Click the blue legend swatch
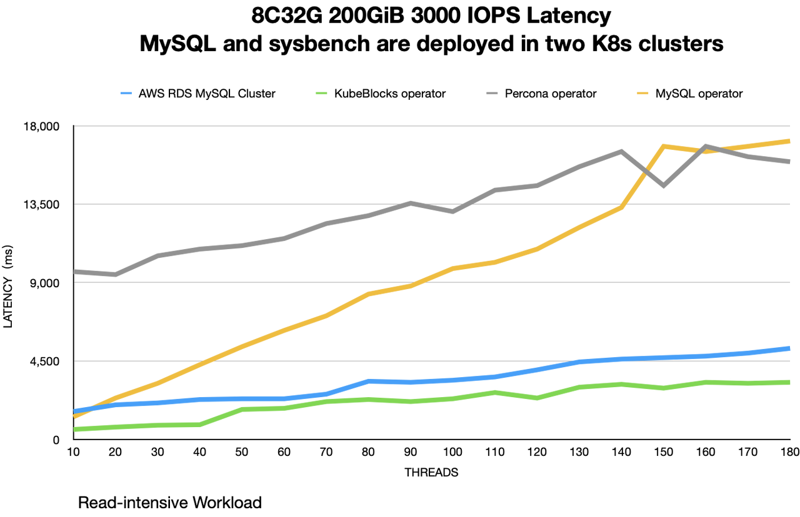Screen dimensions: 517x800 click(126, 93)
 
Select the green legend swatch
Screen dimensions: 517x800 click(321, 93)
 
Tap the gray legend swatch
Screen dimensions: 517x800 click(492, 93)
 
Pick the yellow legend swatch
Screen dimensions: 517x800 click(642, 93)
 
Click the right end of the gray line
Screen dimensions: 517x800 click(790, 162)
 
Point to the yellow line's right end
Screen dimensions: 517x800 click(790, 142)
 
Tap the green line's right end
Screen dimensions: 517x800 click(790, 382)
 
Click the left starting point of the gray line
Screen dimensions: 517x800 click(76, 272)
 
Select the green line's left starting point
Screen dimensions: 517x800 click(76, 429)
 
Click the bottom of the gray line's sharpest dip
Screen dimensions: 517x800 click(663, 186)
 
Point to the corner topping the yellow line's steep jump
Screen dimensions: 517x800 click(663, 146)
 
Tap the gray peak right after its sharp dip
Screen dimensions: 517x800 click(705, 145)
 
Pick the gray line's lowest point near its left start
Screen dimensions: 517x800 click(115, 275)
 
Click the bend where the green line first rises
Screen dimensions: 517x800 click(200, 425)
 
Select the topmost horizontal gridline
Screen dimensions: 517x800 click(431, 126)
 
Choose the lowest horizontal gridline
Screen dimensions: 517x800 click(431, 361)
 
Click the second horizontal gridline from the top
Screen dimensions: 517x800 click(431, 204)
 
